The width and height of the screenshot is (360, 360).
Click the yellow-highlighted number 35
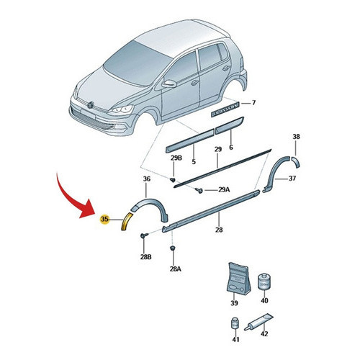pyautogui.click(x=104, y=219)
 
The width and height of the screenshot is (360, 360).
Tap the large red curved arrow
pyautogui.click(x=71, y=197)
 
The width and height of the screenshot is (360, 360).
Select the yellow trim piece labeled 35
pyautogui.click(x=127, y=221)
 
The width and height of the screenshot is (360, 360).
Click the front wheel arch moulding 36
pyautogui.click(x=150, y=207)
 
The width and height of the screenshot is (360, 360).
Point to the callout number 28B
pyautogui.click(x=146, y=257)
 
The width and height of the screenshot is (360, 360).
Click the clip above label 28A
pyautogui.click(x=172, y=248)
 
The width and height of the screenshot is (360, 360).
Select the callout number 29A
pyautogui.click(x=224, y=190)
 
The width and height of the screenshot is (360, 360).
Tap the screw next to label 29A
pyautogui.click(x=199, y=190)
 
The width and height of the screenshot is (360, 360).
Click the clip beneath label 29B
pyautogui.click(x=173, y=179)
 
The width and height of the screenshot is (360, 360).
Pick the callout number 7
pyautogui.click(x=253, y=103)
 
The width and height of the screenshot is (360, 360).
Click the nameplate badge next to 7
pyautogui.click(x=225, y=109)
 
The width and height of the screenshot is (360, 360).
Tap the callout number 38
pyautogui.click(x=297, y=137)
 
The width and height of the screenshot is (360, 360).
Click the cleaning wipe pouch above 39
pyautogui.click(x=238, y=279)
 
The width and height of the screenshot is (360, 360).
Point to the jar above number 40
pyautogui.click(x=264, y=281)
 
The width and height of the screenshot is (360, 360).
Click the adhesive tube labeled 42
pyautogui.click(x=258, y=322)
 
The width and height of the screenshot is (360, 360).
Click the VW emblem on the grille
pyautogui.click(x=91, y=104)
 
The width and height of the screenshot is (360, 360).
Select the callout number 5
pyautogui.click(x=194, y=161)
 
